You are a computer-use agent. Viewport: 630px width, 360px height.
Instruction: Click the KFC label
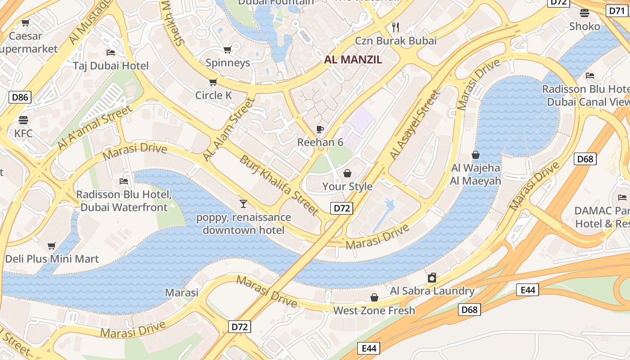pyautogui.click(x=23, y=133)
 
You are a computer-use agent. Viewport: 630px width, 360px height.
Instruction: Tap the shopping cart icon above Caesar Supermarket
pyautogui.click(x=25, y=22)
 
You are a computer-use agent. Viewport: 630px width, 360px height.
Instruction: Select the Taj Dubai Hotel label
pyautogui.click(x=111, y=66)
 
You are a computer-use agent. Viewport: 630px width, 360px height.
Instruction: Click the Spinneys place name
pyautogui.click(x=228, y=63)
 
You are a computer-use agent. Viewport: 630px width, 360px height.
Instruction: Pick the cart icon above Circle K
pyautogui.click(x=213, y=82)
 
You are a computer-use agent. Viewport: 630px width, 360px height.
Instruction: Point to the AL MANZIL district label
pyautogui.click(x=353, y=59)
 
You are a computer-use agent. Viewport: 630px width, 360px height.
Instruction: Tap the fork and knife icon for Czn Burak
pyautogui.click(x=396, y=27)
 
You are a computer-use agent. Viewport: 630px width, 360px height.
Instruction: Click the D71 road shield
pyautogui.click(x=616, y=11)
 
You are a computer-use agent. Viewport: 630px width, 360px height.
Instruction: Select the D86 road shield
pyautogui.click(x=20, y=96)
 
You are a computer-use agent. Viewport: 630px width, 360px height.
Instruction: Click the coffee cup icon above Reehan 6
pyautogui.click(x=320, y=130)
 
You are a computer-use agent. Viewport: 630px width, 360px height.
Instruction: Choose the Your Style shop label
pyautogui.click(x=347, y=186)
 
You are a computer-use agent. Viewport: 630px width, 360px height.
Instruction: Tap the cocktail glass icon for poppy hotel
pyautogui.click(x=243, y=204)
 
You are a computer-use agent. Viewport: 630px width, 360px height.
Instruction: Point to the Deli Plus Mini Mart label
pyautogui.click(x=52, y=259)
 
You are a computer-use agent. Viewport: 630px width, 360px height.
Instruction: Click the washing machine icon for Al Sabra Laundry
pyautogui.click(x=432, y=277)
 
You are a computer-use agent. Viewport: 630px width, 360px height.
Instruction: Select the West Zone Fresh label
pyautogui.click(x=374, y=310)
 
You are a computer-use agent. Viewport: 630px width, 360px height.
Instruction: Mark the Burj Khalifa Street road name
pyautogui.click(x=279, y=184)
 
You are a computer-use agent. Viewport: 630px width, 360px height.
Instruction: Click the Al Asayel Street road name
pyautogui.click(x=414, y=125)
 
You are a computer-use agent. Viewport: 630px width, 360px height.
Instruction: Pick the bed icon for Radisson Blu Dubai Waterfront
pyautogui.click(x=124, y=181)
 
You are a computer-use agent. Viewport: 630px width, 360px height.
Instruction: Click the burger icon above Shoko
pyautogui.click(x=585, y=13)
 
